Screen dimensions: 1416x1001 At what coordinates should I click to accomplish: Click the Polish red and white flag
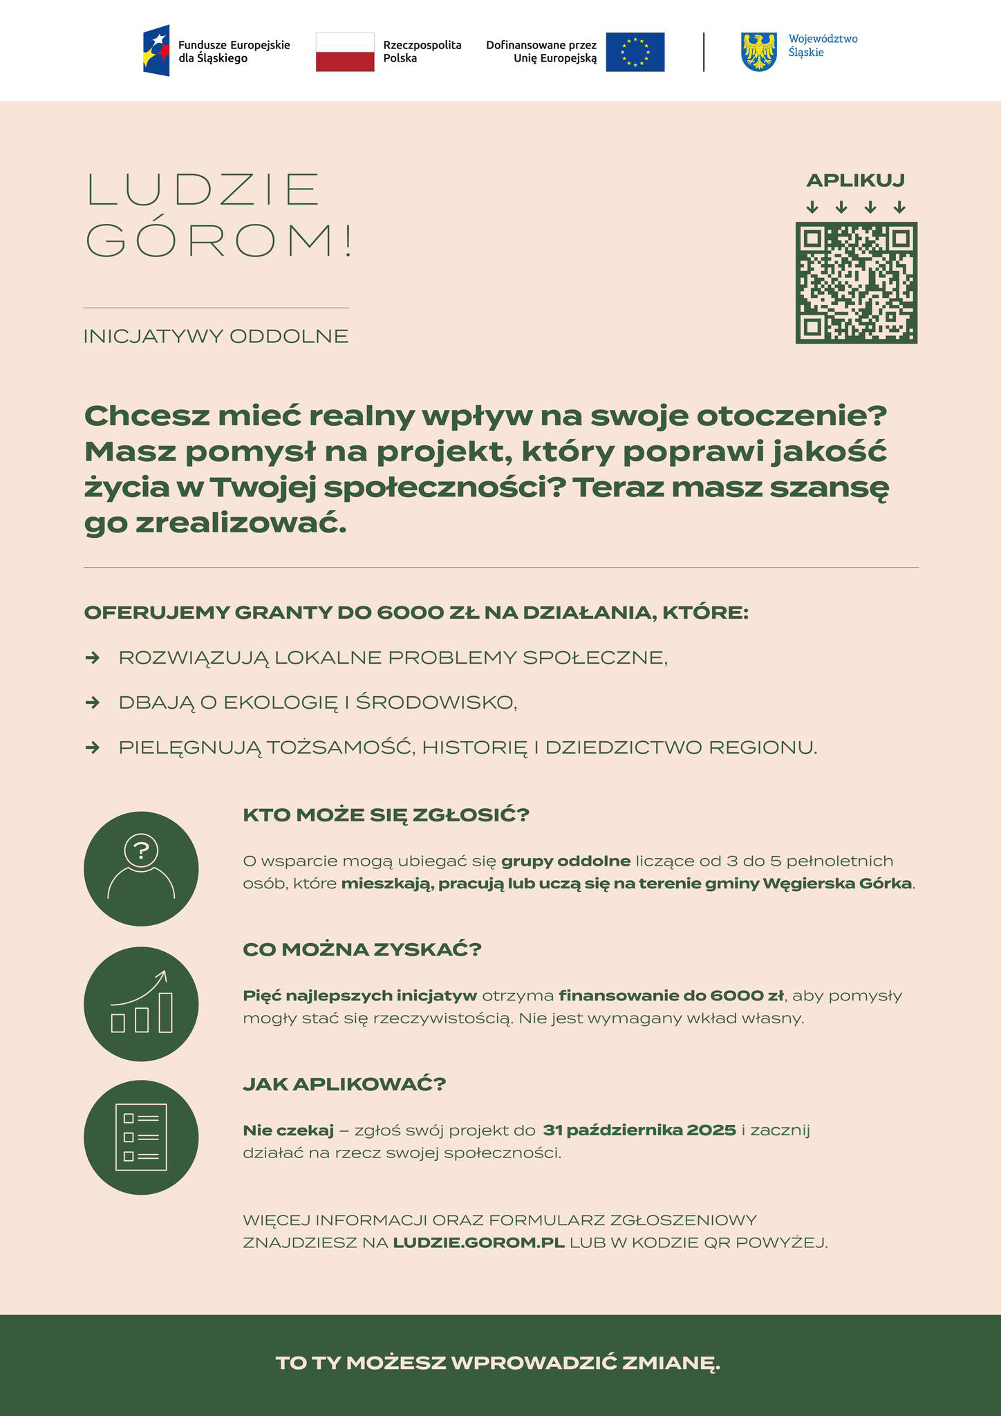pos(344,52)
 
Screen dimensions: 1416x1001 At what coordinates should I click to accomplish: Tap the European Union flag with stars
pos(635,52)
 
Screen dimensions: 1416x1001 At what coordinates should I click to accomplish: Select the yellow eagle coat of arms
pos(759,52)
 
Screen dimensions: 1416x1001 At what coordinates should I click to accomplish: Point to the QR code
pos(856,282)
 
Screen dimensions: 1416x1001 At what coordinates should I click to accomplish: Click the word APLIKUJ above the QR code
pos(855,180)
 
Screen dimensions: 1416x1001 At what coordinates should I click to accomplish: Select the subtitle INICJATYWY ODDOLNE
pos(216,337)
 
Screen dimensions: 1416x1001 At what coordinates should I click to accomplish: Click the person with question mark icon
pos(141,868)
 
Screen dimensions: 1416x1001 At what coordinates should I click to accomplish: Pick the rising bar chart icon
pos(141,1003)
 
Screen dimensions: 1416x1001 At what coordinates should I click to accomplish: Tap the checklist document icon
pos(141,1137)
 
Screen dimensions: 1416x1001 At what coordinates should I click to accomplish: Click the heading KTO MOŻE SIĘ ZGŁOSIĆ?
pos(386,815)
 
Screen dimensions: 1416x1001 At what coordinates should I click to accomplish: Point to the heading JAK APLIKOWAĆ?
pos(344,1084)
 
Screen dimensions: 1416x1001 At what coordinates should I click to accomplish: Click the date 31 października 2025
pos(639,1130)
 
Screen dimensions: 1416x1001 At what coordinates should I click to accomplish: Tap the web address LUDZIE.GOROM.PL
pos(478,1242)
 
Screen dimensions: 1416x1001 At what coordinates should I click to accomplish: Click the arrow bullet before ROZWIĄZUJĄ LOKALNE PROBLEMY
pos(92,658)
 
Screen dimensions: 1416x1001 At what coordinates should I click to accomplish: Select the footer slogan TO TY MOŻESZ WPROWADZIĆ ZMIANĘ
pos(498,1363)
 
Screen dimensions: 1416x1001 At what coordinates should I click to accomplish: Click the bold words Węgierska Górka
pos(853,884)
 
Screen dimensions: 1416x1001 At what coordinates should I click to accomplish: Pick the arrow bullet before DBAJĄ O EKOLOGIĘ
pos(92,702)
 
